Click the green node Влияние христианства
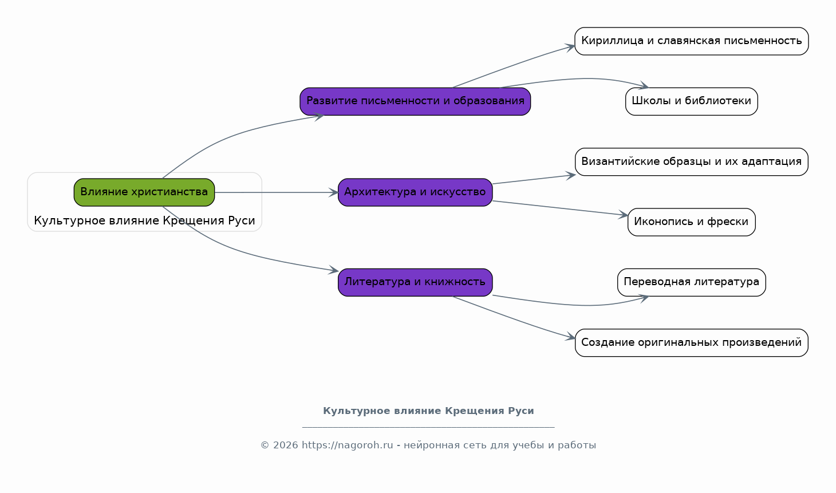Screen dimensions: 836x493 [x=144, y=192]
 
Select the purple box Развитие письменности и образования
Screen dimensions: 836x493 [x=415, y=101]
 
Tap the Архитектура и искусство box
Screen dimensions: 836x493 [x=415, y=192]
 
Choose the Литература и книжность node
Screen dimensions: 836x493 [x=415, y=282]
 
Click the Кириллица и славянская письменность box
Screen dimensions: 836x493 [x=692, y=41]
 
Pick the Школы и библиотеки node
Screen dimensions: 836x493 [x=692, y=101]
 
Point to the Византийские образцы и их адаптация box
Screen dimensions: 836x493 [x=692, y=162]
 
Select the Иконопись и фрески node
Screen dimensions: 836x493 [x=692, y=222]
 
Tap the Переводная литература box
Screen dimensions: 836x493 [x=692, y=282]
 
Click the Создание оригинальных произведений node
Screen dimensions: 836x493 [x=692, y=342]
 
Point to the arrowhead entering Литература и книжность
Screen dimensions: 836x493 [x=334, y=270]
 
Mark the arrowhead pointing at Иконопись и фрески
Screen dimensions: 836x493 [x=624, y=215]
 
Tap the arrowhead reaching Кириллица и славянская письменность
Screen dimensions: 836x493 [x=570, y=48]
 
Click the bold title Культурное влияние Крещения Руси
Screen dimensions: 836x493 [x=428, y=411]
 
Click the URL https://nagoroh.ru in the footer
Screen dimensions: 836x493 [x=347, y=445]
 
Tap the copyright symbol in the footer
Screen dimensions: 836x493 [x=265, y=445]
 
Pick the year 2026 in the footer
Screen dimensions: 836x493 [x=286, y=445]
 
